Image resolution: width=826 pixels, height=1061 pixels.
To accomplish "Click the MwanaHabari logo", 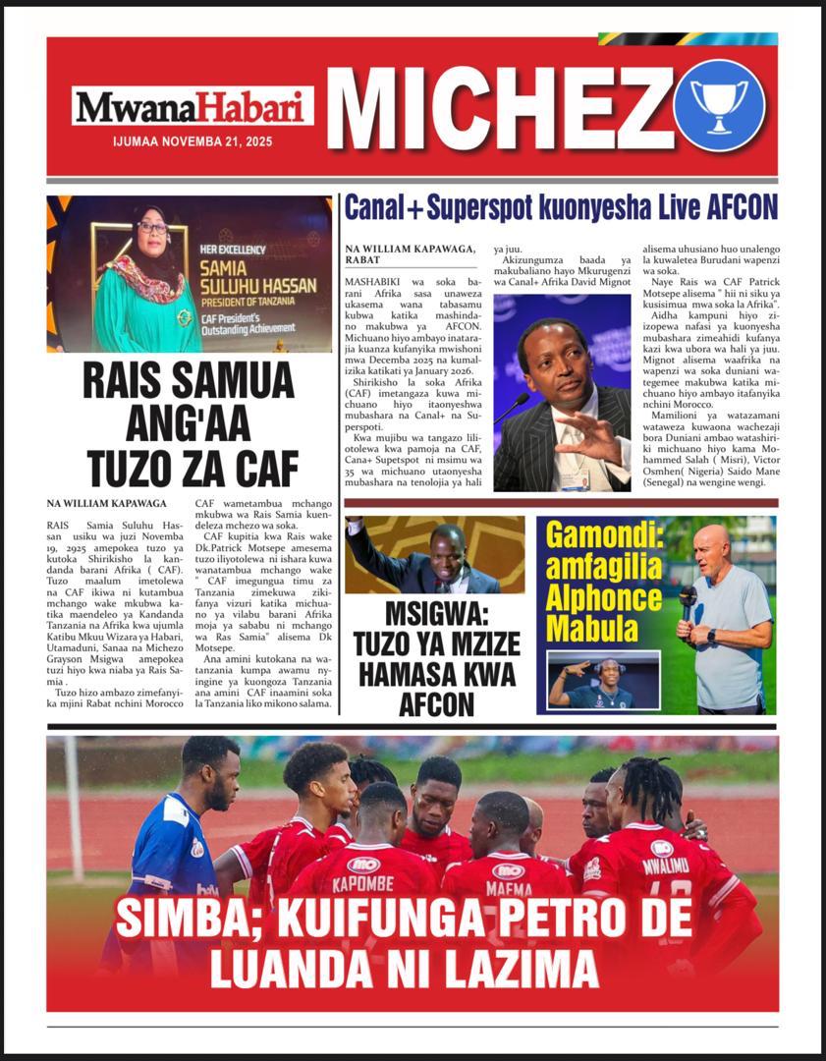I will [192, 106].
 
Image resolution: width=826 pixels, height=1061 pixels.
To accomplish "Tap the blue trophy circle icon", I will [718, 104].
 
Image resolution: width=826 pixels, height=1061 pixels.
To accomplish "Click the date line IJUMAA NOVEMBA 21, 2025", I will [193, 141].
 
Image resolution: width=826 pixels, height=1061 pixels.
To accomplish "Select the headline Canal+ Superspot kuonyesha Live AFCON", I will [560, 207].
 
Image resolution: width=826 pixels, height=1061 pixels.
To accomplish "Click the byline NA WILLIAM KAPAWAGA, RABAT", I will [411, 254].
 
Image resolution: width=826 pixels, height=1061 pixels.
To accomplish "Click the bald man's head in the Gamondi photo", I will [711, 543].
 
